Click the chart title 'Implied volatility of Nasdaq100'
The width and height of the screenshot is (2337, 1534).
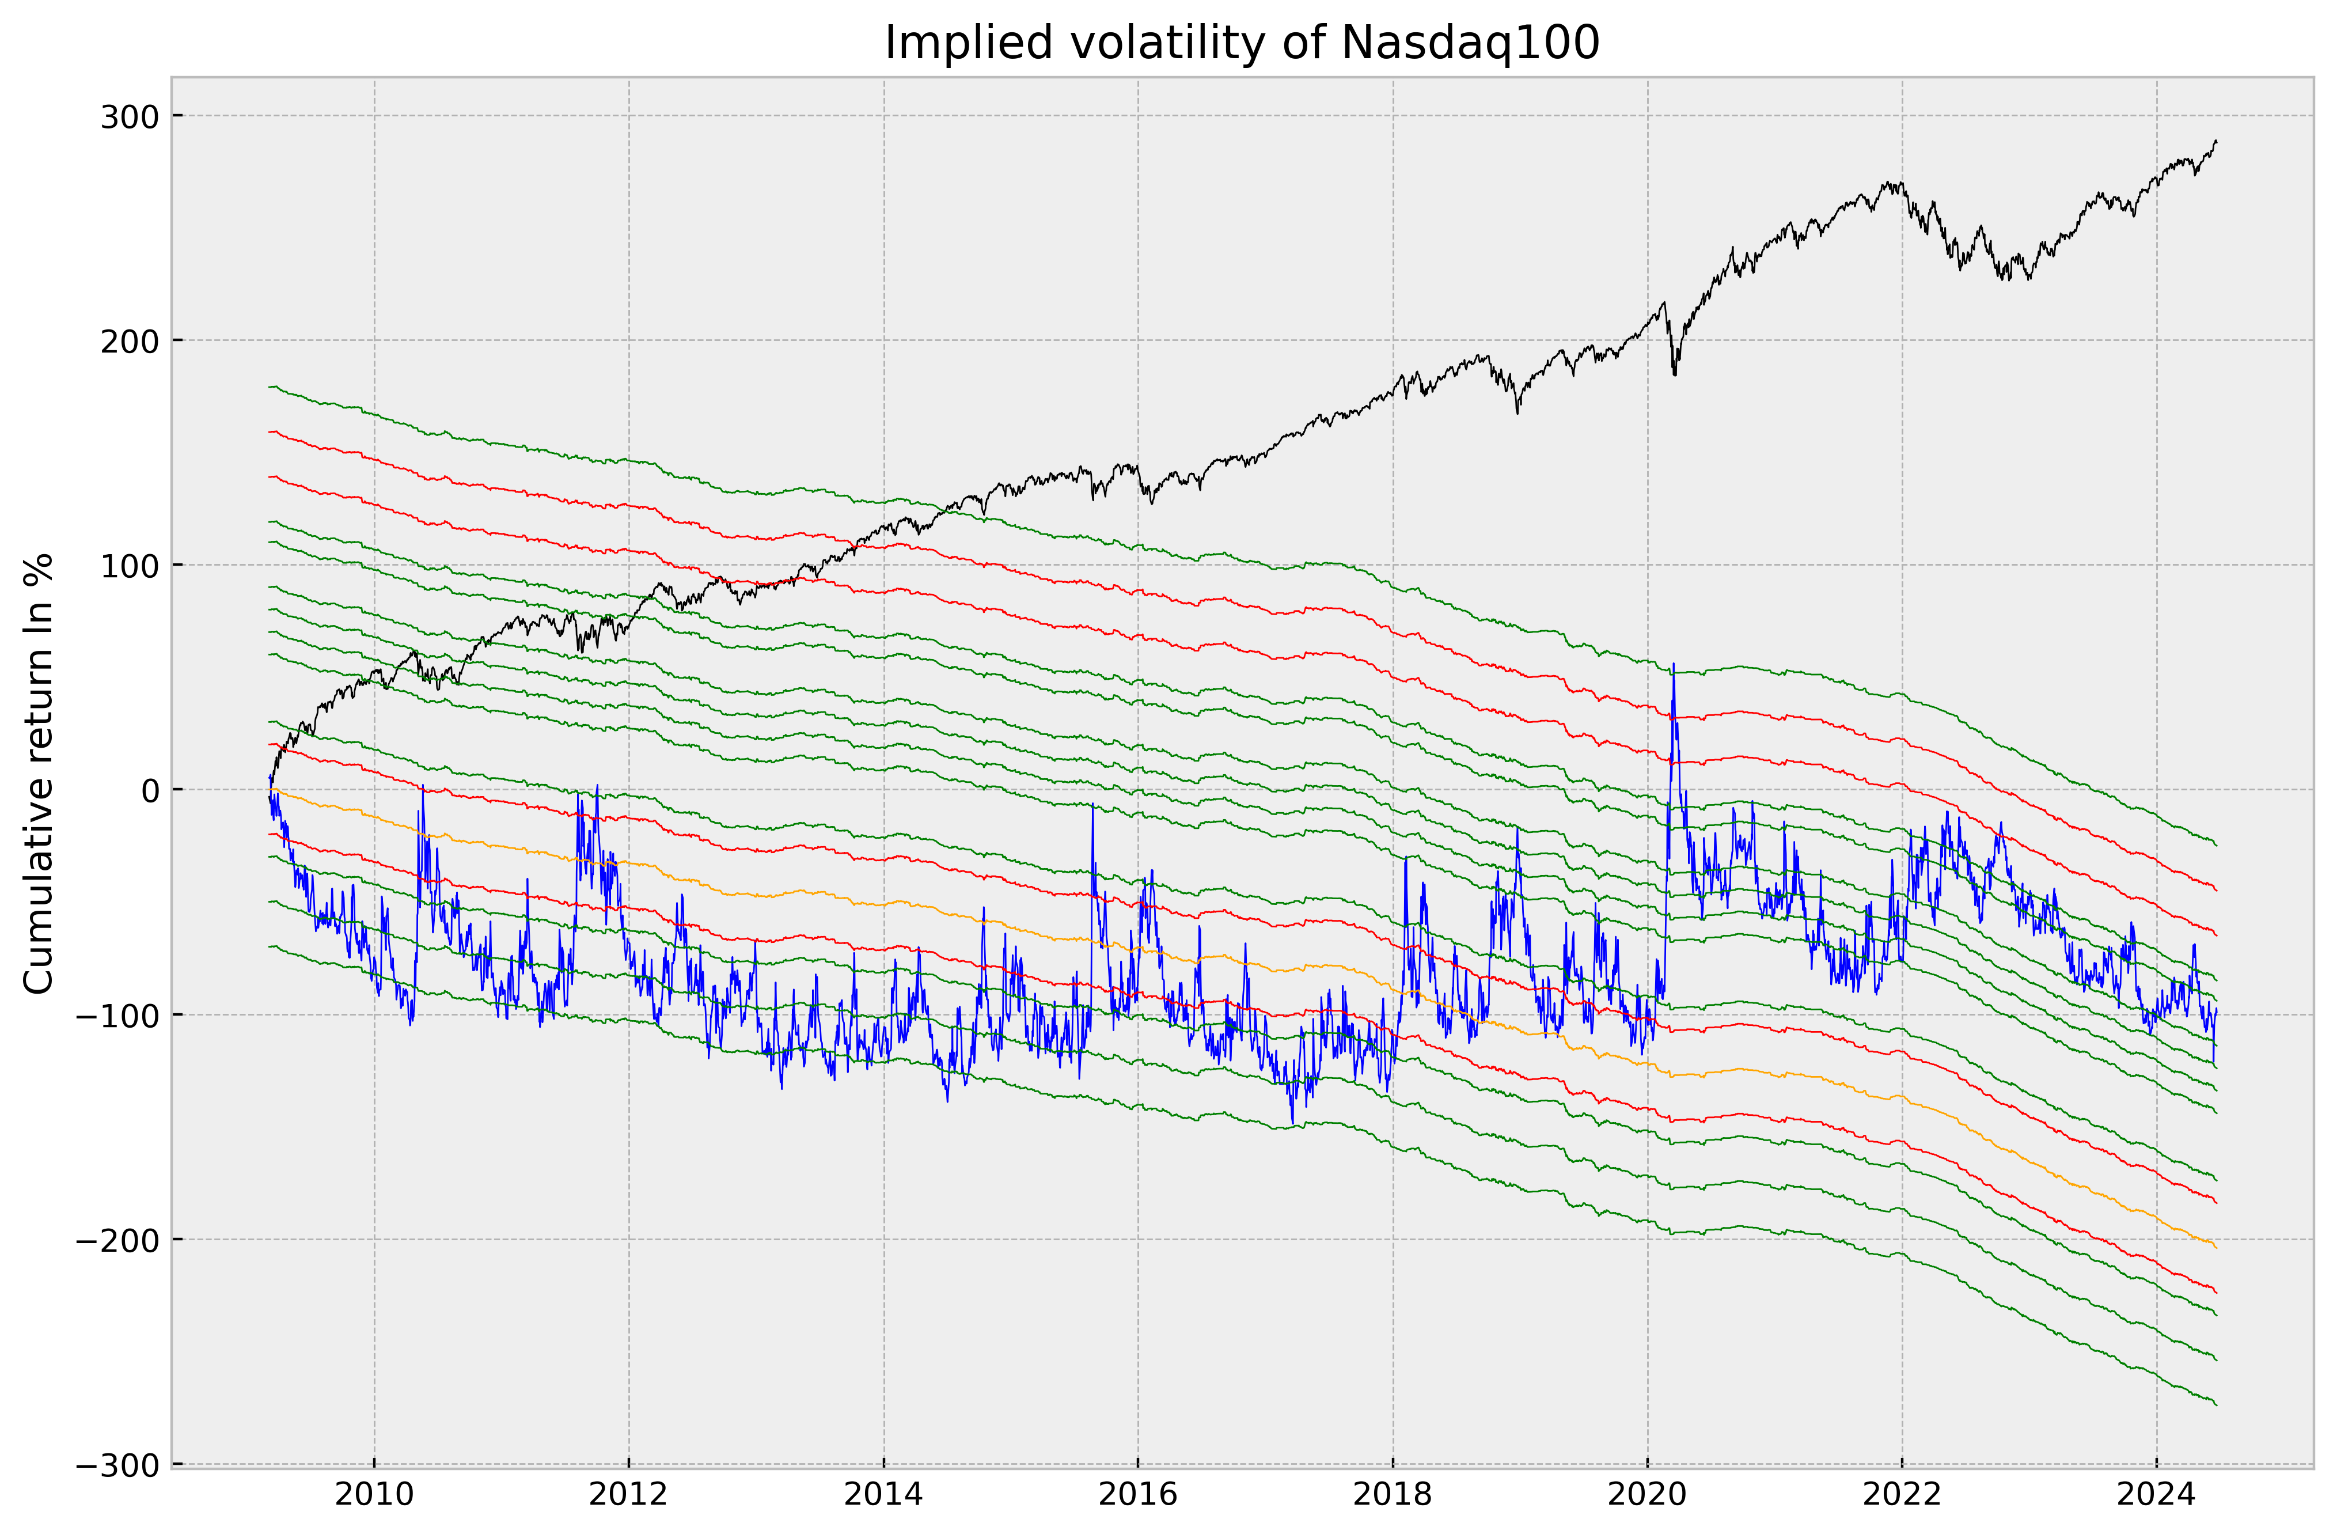coord(1242,43)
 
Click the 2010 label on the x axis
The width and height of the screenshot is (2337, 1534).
coord(374,1496)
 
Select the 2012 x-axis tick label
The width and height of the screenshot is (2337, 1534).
coord(628,1496)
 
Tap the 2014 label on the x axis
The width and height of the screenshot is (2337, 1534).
coord(884,1496)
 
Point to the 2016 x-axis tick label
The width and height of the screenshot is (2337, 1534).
coord(1138,1496)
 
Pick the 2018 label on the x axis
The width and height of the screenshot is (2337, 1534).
coord(1393,1496)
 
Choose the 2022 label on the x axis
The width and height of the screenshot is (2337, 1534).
coord(1902,1496)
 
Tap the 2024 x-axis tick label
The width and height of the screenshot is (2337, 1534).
coord(2156,1496)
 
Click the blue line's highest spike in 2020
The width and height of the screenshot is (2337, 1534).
coord(1673,664)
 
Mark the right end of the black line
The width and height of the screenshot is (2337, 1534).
coord(2216,142)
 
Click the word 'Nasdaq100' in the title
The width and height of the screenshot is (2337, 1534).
coord(1469,43)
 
